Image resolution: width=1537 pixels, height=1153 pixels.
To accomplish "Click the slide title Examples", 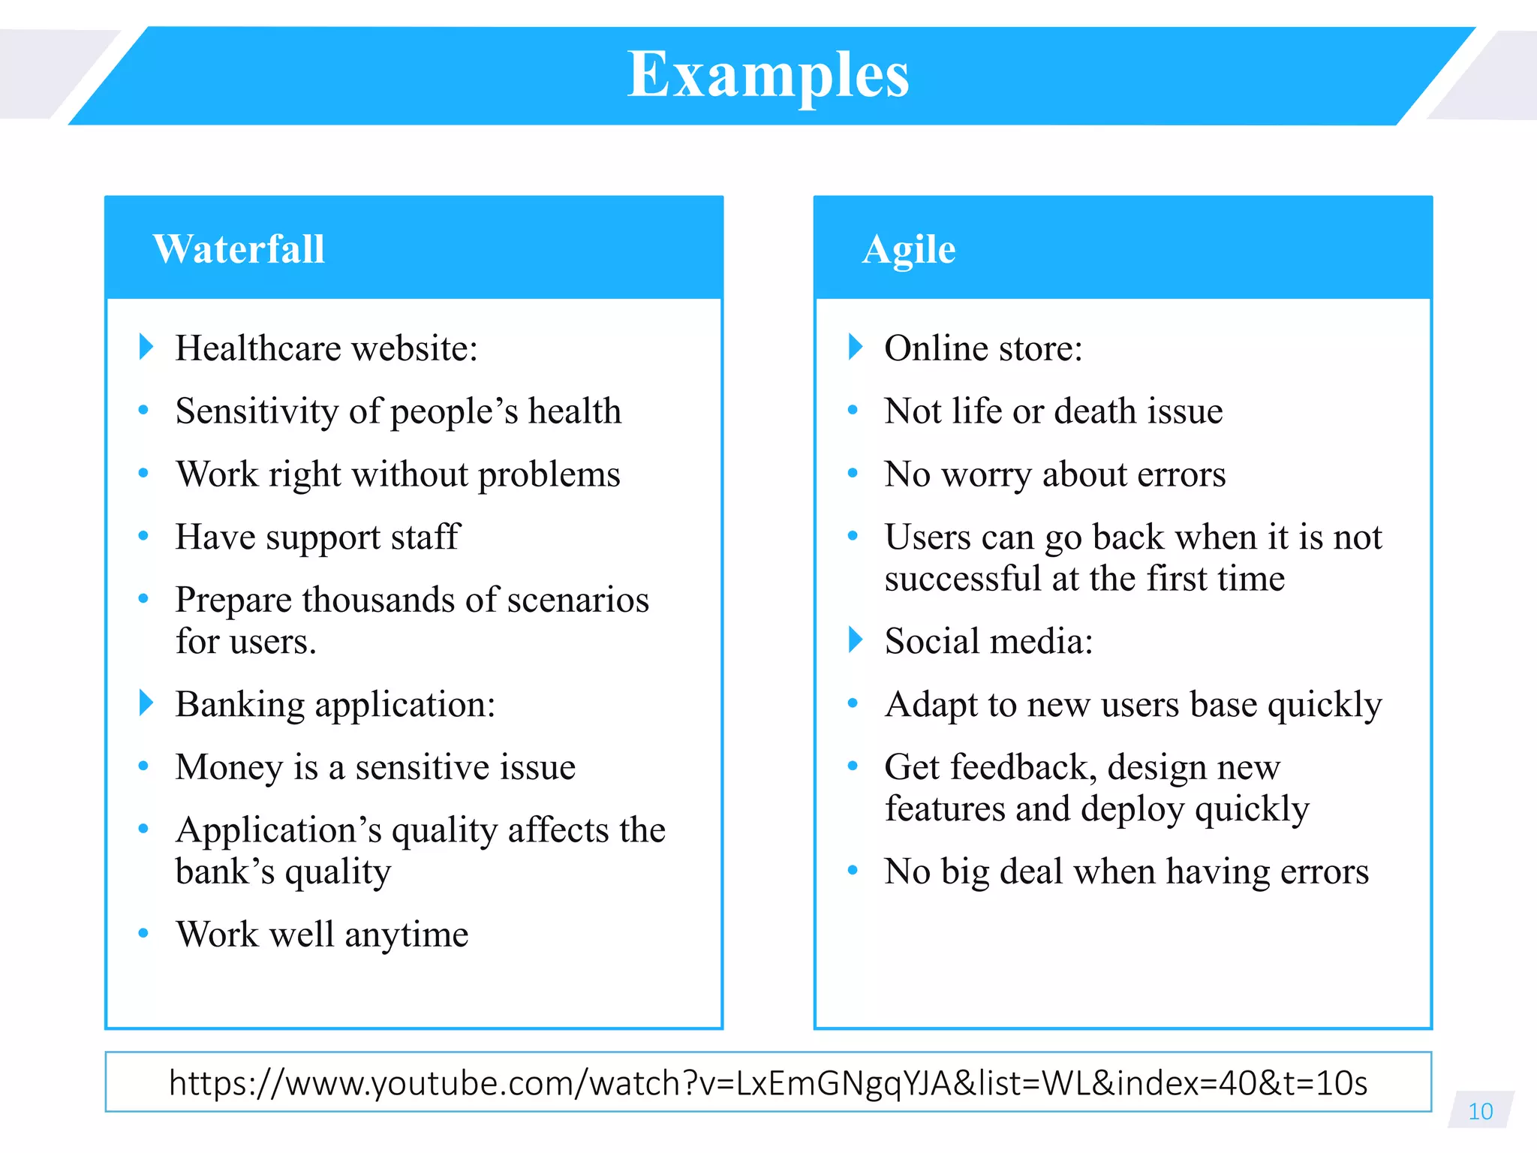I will (x=768, y=75).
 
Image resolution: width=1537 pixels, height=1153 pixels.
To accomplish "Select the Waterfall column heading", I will (x=239, y=249).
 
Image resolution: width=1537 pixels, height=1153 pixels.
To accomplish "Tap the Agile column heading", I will (x=909, y=249).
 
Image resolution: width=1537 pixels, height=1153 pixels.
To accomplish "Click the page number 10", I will (x=1480, y=1111).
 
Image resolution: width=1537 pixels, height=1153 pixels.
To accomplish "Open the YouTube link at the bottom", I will (x=768, y=1082).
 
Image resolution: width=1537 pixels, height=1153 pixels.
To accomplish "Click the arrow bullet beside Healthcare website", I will (x=146, y=347).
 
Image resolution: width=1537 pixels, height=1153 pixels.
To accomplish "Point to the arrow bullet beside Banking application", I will (x=146, y=703).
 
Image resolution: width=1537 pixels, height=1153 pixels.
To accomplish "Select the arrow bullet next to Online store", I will (x=856, y=347).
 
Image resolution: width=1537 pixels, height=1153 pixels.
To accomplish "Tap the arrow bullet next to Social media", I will (x=856, y=640).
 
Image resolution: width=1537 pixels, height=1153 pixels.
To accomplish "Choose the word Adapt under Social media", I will (x=931, y=705).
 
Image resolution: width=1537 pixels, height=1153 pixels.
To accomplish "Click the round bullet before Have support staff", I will (x=143, y=536).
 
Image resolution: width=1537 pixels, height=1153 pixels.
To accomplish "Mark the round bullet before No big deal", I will (x=853, y=871).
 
